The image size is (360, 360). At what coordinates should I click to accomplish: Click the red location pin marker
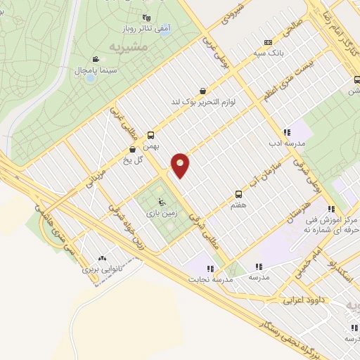(x=181, y=165)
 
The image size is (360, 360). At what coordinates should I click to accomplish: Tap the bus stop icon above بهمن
(x=150, y=136)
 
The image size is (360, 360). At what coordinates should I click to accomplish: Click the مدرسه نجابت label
(x=209, y=278)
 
